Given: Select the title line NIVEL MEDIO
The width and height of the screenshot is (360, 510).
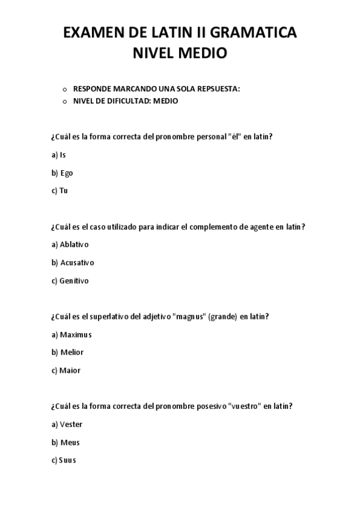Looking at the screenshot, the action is (x=180, y=54).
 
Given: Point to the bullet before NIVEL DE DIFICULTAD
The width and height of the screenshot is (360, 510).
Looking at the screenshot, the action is (x=65, y=102).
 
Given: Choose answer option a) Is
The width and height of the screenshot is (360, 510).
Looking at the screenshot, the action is (x=59, y=155).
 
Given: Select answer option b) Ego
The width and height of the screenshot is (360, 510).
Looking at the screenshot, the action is (x=63, y=173).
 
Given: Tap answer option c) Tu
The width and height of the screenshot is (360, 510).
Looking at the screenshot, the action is (x=59, y=191).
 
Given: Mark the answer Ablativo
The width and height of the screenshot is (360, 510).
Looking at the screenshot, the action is (x=70, y=244).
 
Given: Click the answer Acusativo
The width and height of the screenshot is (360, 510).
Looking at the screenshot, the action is (x=73, y=262).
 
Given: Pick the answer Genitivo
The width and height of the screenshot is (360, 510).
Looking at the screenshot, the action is (x=70, y=280).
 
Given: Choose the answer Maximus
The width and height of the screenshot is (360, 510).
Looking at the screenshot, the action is (x=72, y=334).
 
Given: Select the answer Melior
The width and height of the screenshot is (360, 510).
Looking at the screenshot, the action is (x=67, y=352).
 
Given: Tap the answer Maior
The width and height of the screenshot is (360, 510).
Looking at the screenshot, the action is (x=66, y=370).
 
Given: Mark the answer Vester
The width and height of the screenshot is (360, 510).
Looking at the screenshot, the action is (x=67, y=424).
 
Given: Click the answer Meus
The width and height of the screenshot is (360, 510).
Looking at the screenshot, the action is (x=66, y=443).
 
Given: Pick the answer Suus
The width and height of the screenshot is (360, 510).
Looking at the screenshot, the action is (x=64, y=460).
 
